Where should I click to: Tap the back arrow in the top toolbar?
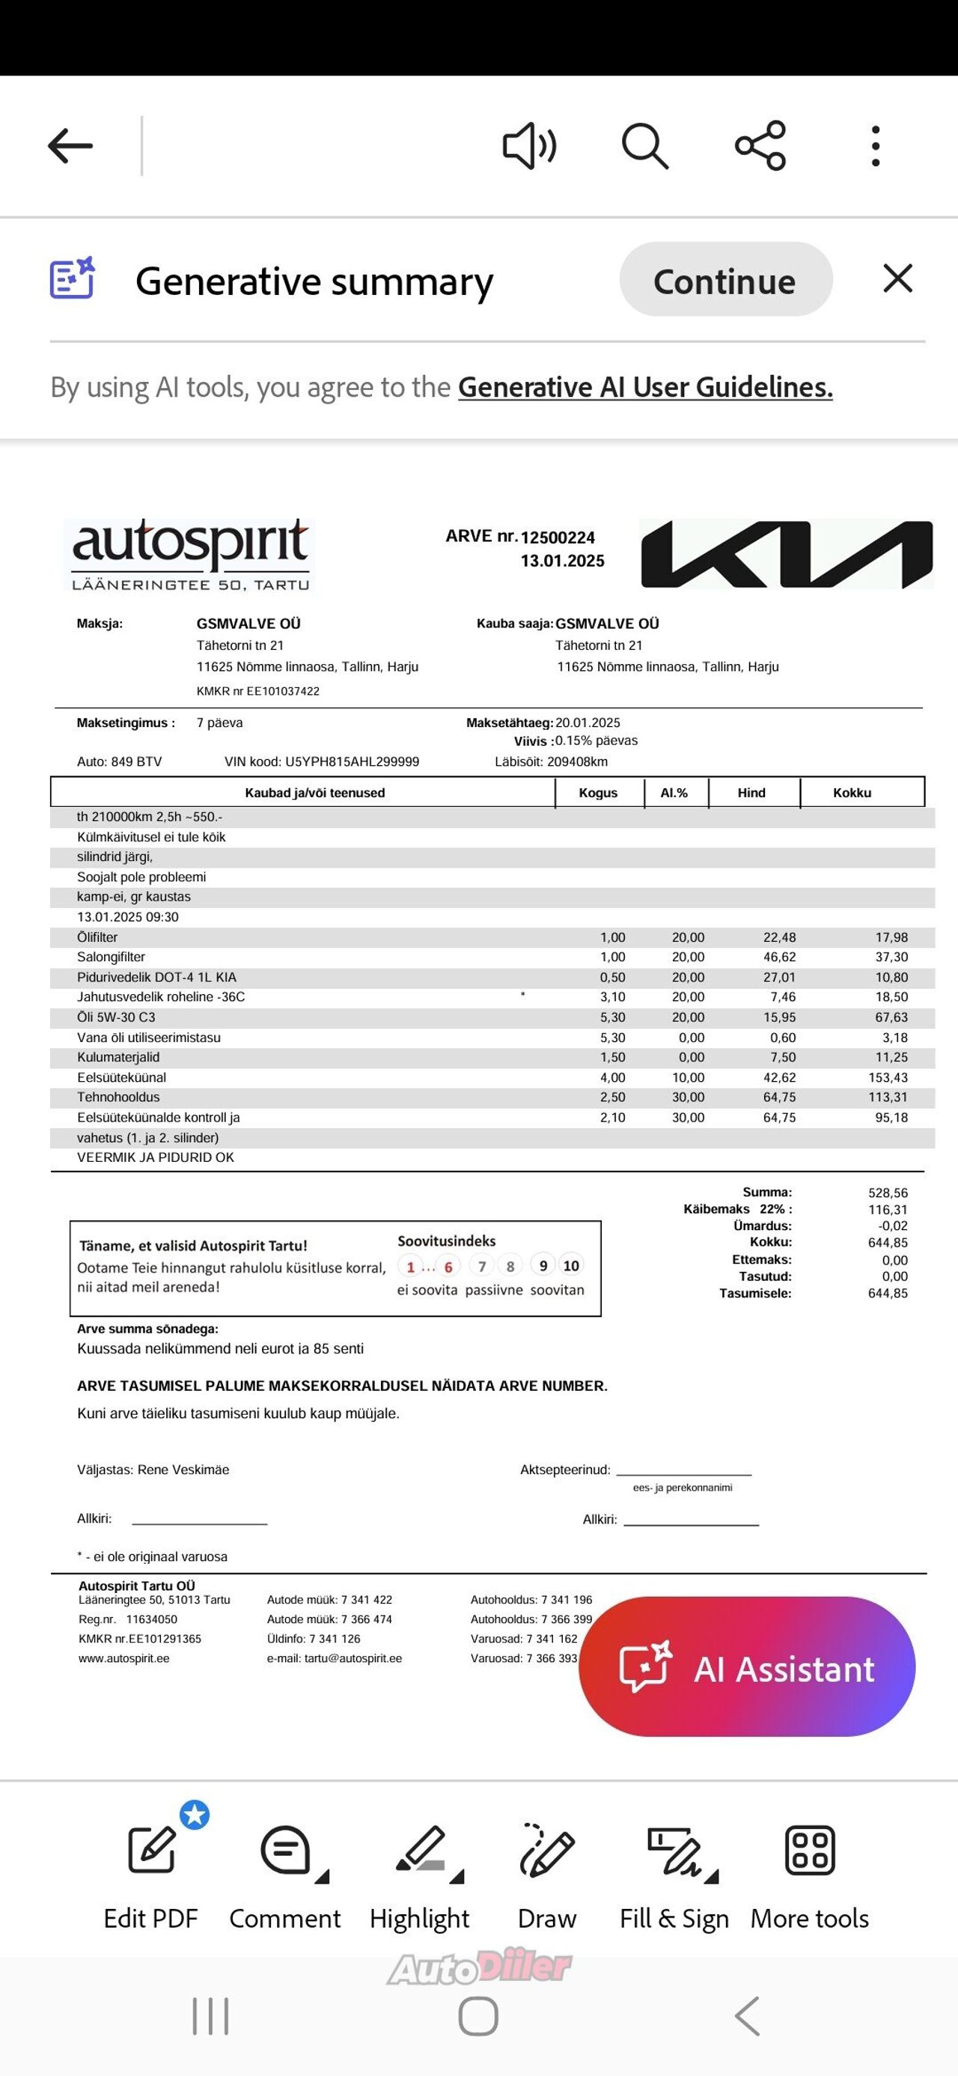[x=70, y=146]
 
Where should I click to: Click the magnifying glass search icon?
[x=644, y=146]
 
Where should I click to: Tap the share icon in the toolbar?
[x=760, y=146]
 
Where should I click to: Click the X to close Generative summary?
[x=897, y=278]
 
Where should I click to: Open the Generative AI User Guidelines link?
[x=644, y=388]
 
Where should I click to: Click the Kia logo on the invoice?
[x=787, y=554]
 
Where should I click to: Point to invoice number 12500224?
[x=558, y=538]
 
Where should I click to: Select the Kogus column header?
[x=598, y=793]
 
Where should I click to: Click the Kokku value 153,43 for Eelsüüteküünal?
[x=891, y=1077]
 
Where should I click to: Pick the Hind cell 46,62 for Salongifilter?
[x=779, y=958]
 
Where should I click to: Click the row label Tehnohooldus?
[x=118, y=1098]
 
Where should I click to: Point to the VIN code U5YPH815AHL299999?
[x=352, y=761]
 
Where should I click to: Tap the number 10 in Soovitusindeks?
[x=571, y=1266]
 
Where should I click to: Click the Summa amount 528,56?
[x=888, y=1193]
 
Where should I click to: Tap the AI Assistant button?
[x=747, y=1669]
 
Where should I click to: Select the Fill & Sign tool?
[x=674, y=1878]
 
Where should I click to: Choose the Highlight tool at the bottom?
[x=420, y=1878]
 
